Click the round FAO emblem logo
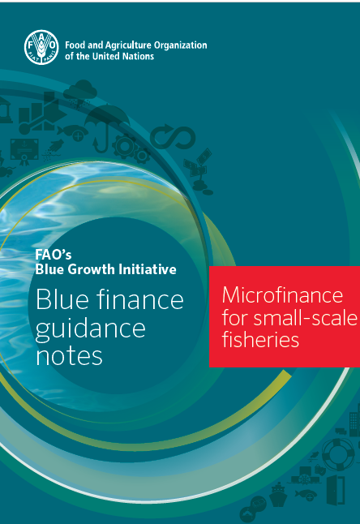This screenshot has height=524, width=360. tap(41, 47)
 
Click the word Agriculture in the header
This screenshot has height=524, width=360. tap(129, 45)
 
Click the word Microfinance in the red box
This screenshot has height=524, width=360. tap(282, 295)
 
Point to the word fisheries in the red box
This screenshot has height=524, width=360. tap(260, 340)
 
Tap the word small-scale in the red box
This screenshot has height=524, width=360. tap(306, 317)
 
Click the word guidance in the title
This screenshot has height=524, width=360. tap(91, 330)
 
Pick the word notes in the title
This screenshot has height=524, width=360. tap(69, 356)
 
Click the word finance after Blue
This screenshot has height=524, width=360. tap(140, 299)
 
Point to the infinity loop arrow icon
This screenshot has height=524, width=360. tap(173, 137)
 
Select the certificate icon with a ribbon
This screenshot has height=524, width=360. tap(24, 152)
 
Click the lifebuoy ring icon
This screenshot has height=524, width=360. tap(337, 454)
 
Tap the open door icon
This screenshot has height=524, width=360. tap(336, 491)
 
